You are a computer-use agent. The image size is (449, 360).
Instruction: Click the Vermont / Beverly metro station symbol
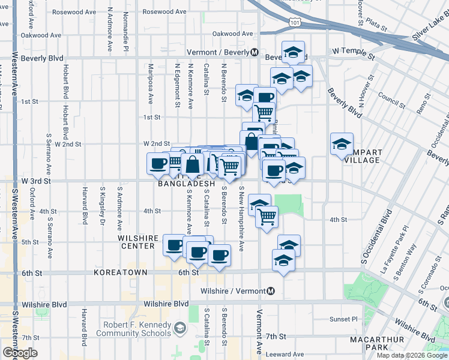coord(255,52)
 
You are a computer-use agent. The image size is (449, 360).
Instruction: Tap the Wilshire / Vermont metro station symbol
coord(271,291)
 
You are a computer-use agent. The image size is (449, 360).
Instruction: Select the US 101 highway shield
coord(294,22)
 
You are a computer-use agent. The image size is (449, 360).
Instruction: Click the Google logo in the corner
coord(20,353)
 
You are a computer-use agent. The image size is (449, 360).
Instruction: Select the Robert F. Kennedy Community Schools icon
coord(179,328)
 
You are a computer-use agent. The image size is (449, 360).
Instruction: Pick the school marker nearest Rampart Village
coord(342,145)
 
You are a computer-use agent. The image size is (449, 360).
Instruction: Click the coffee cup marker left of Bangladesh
coord(158,163)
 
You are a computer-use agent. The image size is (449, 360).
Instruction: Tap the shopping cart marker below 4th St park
coord(267,216)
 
